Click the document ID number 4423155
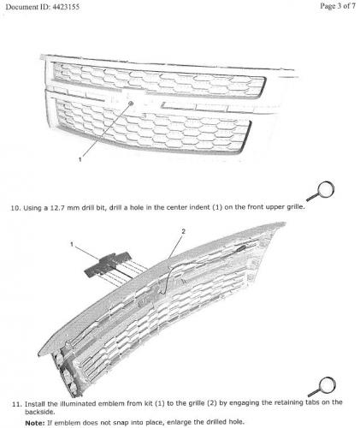click(66, 7)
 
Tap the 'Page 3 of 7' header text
click(338, 6)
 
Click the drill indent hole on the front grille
click(131, 103)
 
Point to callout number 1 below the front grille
click(80, 159)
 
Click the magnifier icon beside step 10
click(322, 190)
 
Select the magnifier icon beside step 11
click(322, 386)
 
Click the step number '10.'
click(15, 208)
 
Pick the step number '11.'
click(17, 404)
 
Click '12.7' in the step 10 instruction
click(57, 208)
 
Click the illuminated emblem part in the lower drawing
click(108, 265)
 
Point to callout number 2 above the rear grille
click(183, 231)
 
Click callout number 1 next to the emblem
click(72, 244)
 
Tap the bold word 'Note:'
click(35, 423)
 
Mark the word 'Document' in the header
click(19, 7)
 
